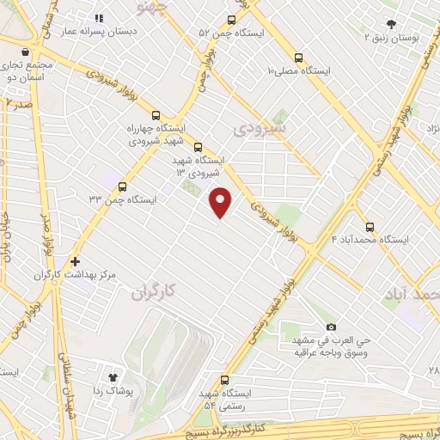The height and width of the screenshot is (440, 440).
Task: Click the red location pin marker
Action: coord(221,200)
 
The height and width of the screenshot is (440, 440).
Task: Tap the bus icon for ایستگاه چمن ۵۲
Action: coord(231,20)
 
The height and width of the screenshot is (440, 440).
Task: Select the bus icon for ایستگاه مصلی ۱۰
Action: coord(298,58)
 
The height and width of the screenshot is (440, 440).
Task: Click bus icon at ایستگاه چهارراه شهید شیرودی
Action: coord(156,115)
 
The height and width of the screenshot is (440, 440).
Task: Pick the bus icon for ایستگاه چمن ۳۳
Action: coord(122,186)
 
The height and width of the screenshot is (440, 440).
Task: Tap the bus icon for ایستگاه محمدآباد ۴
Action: coord(370,227)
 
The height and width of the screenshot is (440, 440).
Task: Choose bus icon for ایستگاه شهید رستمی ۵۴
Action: coord(225,379)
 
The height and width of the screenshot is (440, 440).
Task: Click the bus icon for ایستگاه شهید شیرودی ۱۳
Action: coord(199,147)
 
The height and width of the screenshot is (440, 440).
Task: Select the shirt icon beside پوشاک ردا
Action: coord(112,376)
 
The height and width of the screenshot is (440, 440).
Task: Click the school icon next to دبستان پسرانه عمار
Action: coord(98,17)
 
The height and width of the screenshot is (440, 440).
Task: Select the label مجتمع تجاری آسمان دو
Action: coord(27,70)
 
